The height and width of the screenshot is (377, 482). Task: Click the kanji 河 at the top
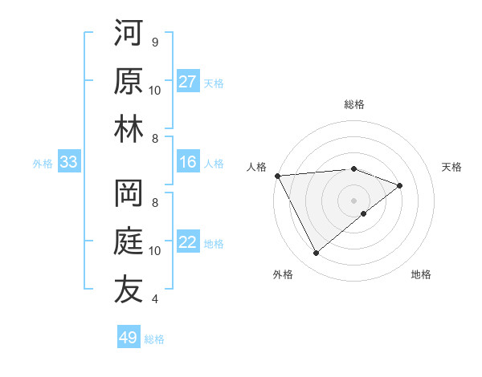[129, 34]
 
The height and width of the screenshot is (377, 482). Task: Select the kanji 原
[129, 82]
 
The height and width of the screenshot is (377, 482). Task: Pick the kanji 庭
[129, 242]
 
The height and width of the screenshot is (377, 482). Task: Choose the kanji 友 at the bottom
[129, 290]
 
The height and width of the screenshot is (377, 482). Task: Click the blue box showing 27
[188, 82]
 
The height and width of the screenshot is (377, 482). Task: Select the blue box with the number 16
[188, 162]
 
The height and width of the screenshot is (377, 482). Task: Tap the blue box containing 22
[188, 242]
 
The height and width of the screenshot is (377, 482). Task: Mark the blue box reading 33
[68, 162]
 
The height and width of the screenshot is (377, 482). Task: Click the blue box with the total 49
[129, 338]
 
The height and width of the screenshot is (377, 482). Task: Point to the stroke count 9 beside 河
[155, 42]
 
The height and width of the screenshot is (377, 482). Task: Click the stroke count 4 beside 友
[155, 298]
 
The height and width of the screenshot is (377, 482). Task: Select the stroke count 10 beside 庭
[155, 250]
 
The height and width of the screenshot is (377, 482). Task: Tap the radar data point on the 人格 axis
[277, 175]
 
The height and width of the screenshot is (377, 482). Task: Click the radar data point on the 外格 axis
[316, 253]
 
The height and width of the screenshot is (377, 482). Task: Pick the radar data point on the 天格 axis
[399, 185]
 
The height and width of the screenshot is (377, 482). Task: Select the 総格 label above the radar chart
[353, 104]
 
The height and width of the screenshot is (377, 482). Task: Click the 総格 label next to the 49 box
[155, 339]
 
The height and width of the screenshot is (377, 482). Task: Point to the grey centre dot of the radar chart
[353, 199]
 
